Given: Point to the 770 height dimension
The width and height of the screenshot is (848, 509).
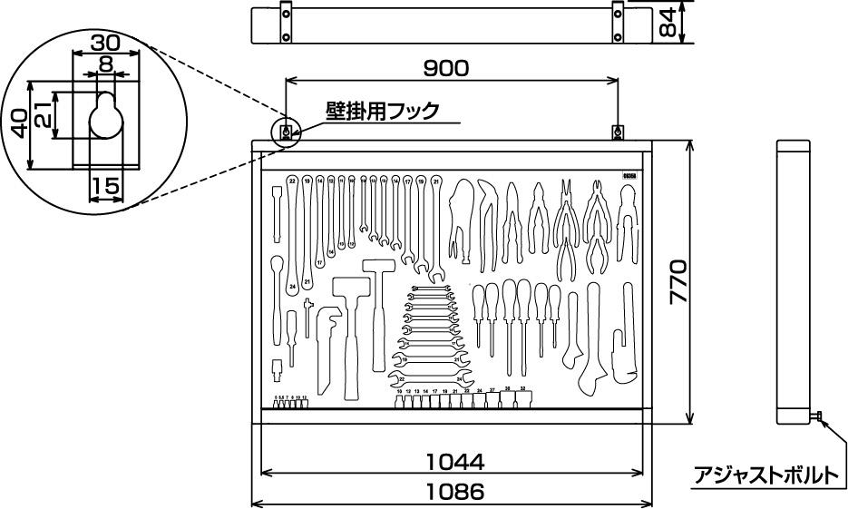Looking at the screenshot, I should [679, 281].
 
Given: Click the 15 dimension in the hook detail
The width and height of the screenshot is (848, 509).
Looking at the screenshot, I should [106, 186].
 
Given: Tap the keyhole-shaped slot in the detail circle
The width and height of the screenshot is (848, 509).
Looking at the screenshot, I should [106, 116].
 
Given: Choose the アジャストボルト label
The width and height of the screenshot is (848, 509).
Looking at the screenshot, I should [766, 475].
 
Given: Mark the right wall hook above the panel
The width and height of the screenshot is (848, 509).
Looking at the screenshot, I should [618, 132].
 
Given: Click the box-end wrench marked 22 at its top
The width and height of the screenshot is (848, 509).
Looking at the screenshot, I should [292, 181].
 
